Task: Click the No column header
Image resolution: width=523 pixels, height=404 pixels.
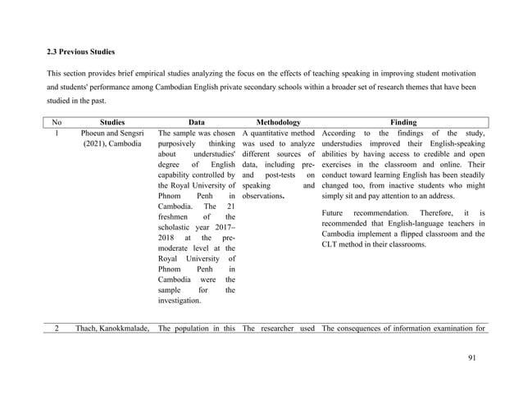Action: (x=54, y=121)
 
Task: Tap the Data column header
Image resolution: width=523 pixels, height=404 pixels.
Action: (x=197, y=121)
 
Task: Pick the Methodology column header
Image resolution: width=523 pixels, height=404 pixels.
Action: (x=278, y=121)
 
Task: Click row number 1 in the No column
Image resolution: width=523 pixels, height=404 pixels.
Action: (x=54, y=134)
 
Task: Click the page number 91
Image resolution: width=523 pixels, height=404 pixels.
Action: (x=469, y=357)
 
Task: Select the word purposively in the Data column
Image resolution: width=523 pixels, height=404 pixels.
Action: (x=179, y=146)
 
